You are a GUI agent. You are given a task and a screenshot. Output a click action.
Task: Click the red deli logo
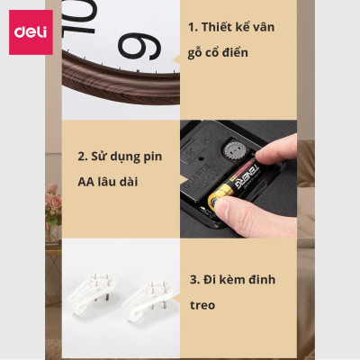(31, 32)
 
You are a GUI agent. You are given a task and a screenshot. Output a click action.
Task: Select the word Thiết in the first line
(219, 27)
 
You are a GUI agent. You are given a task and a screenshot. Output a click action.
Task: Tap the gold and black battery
(239, 186)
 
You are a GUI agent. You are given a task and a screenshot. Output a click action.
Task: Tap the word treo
(203, 305)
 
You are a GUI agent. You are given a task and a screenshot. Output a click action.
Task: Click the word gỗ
(199, 54)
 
